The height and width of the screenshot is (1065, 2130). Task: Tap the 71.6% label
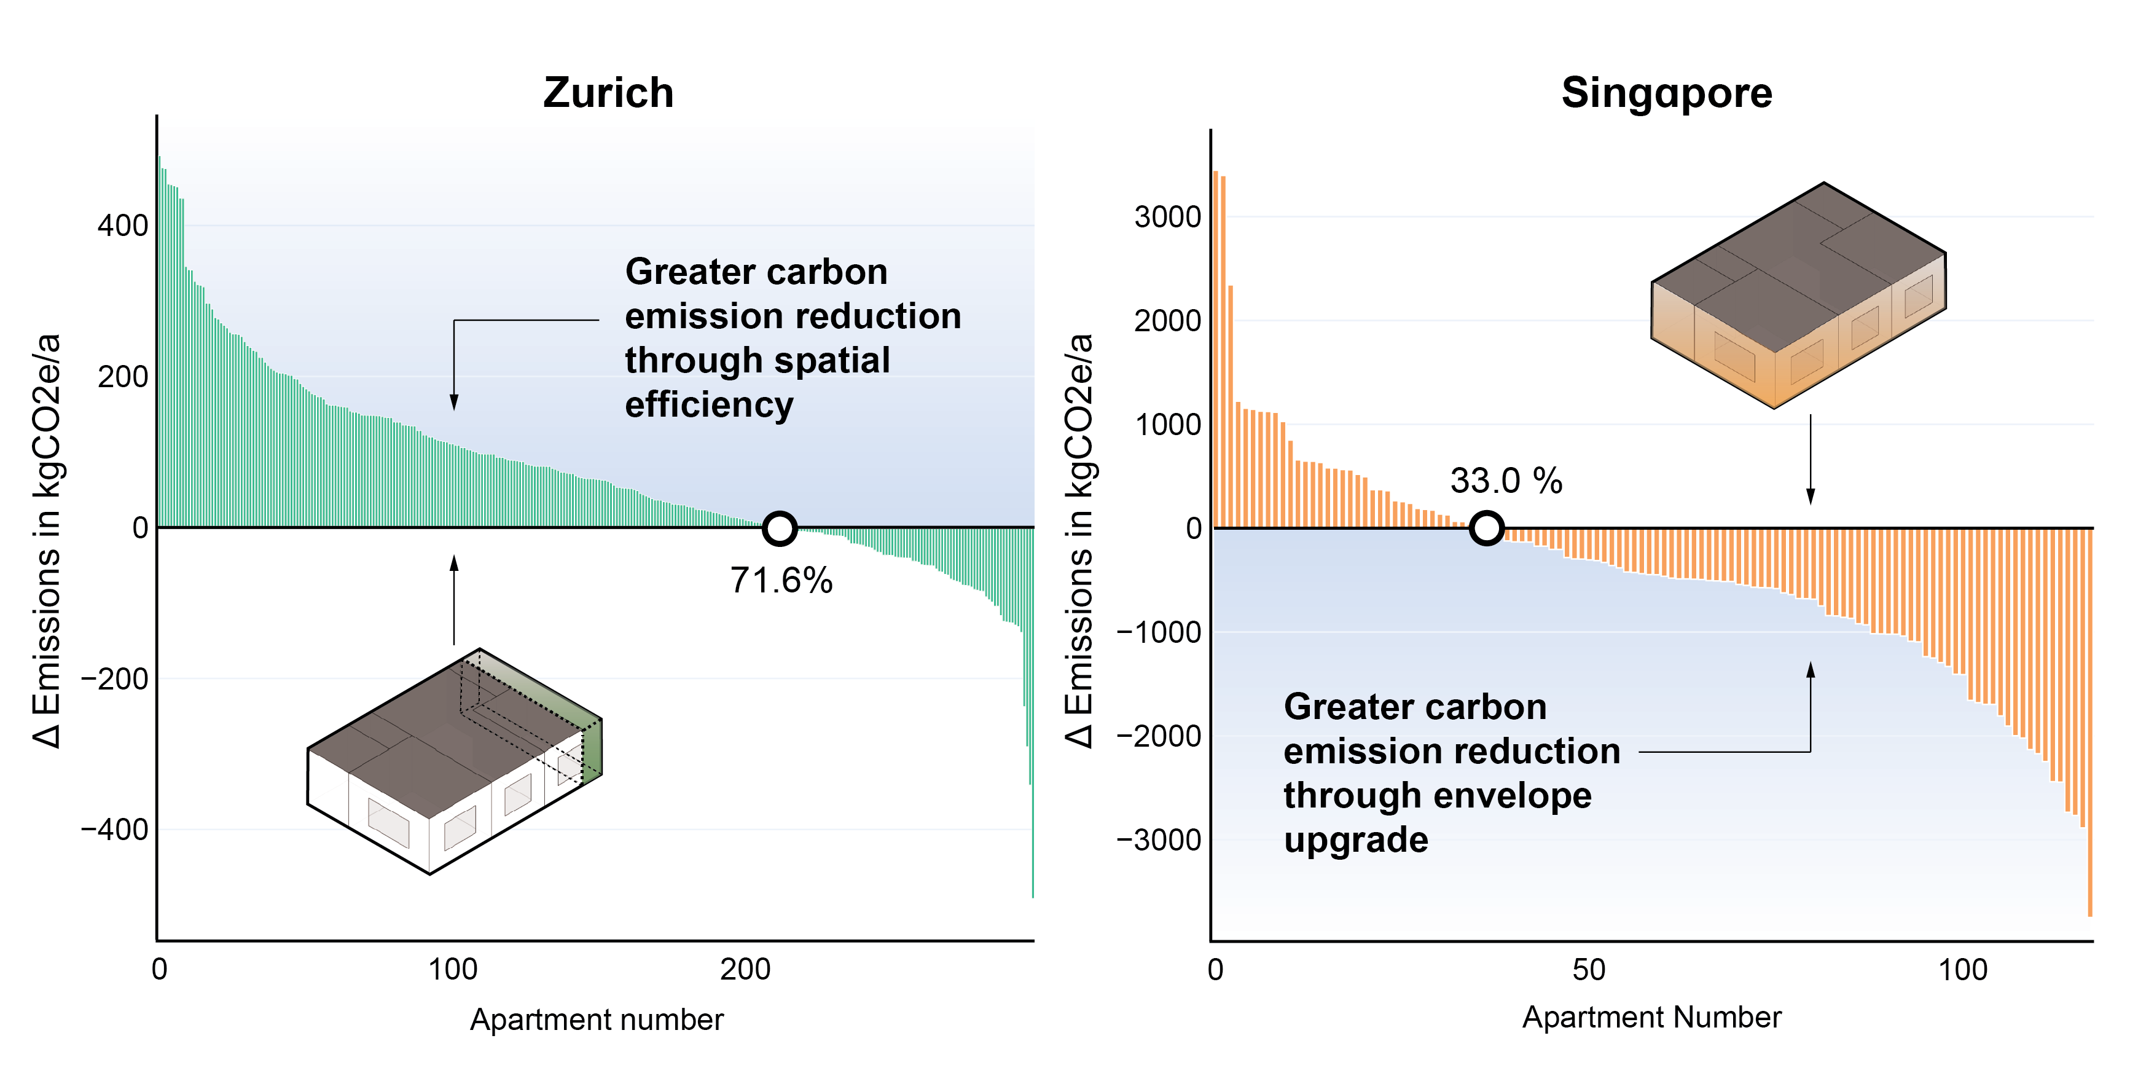[x=781, y=581]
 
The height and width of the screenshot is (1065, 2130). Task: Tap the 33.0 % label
[x=1506, y=481]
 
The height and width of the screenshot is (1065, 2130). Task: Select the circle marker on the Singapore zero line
[x=1486, y=527]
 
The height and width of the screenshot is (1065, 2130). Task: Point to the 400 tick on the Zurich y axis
[x=122, y=226]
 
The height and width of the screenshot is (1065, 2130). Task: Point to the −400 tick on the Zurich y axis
[x=114, y=830]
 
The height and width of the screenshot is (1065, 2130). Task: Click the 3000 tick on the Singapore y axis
[x=1167, y=218]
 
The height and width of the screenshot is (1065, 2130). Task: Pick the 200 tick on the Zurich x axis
[x=745, y=969]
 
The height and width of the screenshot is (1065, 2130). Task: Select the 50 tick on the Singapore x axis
[x=1588, y=969]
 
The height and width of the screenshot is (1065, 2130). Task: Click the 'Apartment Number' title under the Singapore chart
[x=1651, y=1017]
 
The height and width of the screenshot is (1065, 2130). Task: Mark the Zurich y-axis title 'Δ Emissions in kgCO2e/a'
[x=47, y=541]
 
